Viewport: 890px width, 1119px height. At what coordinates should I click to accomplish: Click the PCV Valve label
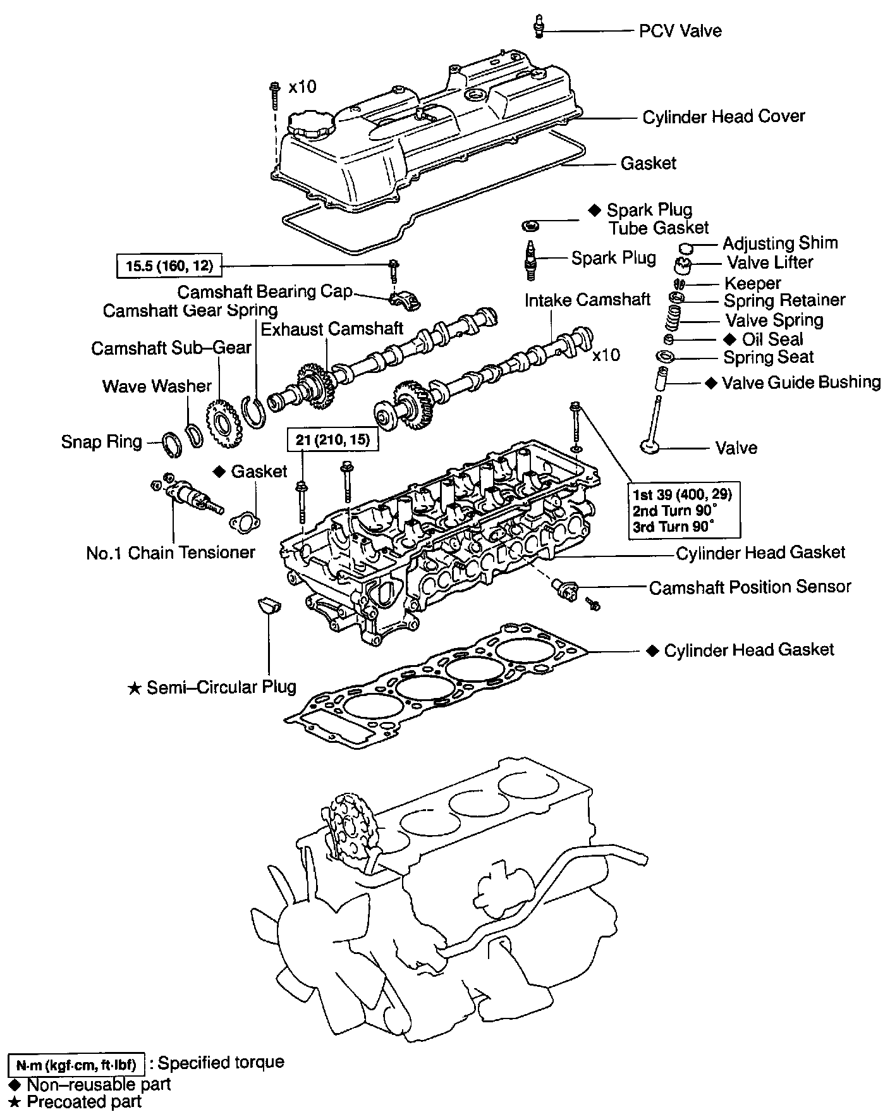tap(680, 30)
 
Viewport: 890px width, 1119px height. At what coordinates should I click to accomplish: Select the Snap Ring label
tap(101, 441)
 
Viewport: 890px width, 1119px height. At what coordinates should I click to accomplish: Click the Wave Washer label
tap(157, 386)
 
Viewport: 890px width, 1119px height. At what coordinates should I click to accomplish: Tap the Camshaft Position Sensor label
tap(750, 587)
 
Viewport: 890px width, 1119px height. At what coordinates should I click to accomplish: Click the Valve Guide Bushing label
tap(801, 382)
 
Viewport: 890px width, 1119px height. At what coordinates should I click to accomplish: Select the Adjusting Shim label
tap(780, 243)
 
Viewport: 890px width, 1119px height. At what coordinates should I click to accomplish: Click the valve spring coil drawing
tap(673, 319)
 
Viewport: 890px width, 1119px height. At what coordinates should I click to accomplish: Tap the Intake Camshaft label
tap(587, 300)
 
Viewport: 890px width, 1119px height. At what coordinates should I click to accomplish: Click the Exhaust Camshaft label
tap(332, 329)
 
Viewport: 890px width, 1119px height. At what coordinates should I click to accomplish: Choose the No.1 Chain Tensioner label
tap(171, 553)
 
